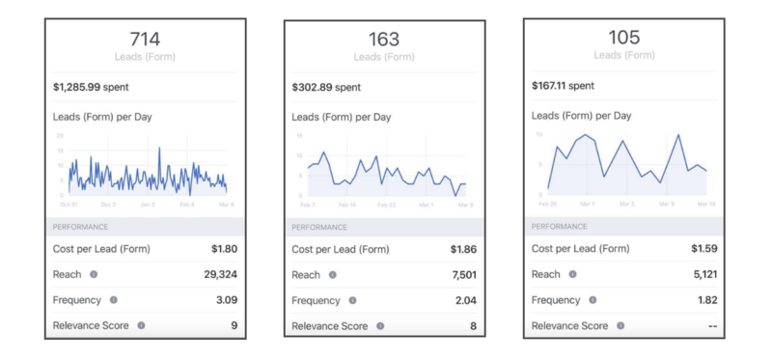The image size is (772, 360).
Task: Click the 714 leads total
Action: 145,39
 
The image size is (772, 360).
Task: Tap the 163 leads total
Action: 384,40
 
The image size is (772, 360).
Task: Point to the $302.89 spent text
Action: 326,88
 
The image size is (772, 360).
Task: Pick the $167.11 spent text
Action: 565,85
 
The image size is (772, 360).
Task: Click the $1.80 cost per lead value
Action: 224,248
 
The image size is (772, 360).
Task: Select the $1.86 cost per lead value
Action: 463,249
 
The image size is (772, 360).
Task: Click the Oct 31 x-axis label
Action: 69,205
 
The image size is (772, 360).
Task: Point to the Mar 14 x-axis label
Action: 705,204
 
